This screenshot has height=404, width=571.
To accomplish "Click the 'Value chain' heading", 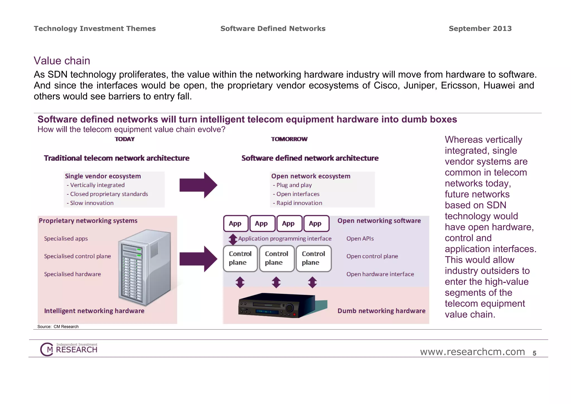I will (62, 61).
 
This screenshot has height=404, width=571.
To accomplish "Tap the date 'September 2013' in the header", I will (480, 28).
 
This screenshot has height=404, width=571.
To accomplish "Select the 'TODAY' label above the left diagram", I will (124, 139).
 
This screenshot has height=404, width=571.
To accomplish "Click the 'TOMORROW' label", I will (289, 139).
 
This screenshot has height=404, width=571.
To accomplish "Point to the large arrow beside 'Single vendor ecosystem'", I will (198, 185).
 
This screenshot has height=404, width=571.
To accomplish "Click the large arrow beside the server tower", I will (198, 259).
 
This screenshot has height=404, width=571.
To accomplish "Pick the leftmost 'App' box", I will (236, 223).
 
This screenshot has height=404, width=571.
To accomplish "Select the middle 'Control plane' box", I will (277, 258).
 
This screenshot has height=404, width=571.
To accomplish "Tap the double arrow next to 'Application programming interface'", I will (233, 239).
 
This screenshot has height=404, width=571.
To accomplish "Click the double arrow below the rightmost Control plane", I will (312, 282).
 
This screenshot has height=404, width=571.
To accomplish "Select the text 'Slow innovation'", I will (91, 203).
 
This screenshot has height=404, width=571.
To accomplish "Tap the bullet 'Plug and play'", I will (294, 185).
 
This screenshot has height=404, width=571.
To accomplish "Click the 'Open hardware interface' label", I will (380, 274).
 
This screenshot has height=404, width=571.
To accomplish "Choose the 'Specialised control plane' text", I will (78, 256).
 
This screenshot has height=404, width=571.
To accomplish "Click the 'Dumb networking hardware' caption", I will (381, 311).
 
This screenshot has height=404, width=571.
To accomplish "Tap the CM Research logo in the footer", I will (69, 349).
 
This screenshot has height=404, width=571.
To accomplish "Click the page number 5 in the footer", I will (534, 353).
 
